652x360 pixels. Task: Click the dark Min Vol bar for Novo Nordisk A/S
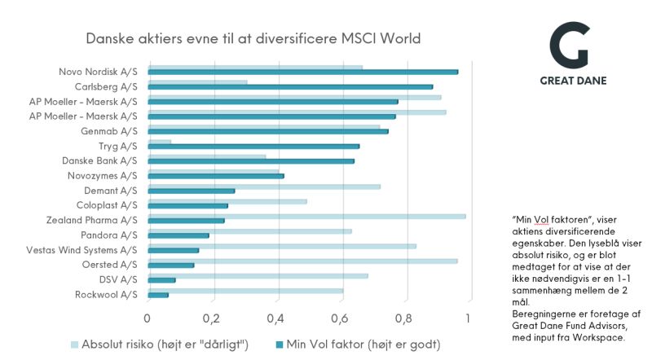302,72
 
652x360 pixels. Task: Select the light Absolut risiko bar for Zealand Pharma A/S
306,216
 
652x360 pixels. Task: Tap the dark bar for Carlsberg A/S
290,86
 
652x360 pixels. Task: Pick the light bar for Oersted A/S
302,261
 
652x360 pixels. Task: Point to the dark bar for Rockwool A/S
158,294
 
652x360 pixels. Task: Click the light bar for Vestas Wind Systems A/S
282,245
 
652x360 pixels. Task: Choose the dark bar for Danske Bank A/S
251,160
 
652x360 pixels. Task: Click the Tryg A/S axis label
121,145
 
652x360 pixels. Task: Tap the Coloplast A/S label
107,204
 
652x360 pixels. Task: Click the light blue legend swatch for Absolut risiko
77,344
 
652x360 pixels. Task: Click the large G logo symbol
568,46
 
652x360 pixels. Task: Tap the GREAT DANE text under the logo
573,81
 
